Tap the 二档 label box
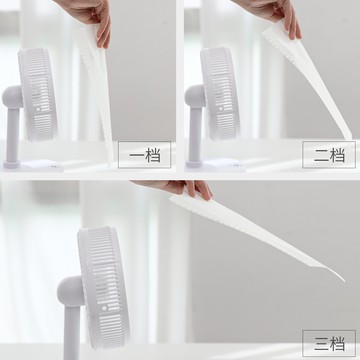[x=324, y=155]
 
